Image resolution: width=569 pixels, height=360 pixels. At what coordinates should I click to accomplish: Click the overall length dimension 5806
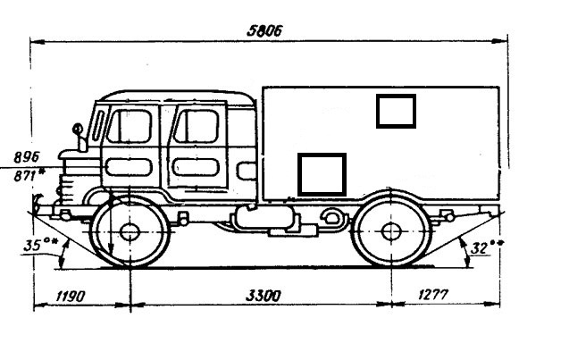tap(264, 30)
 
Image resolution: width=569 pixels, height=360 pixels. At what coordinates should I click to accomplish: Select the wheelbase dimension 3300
tap(259, 293)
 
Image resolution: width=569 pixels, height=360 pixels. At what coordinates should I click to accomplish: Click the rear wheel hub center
tap(390, 232)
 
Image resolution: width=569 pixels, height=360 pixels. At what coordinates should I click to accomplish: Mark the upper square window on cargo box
tap(396, 110)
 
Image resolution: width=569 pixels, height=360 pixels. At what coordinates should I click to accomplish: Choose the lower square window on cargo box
tap(321, 174)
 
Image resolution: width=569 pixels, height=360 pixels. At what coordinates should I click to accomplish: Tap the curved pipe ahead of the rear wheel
tap(333, 217)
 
